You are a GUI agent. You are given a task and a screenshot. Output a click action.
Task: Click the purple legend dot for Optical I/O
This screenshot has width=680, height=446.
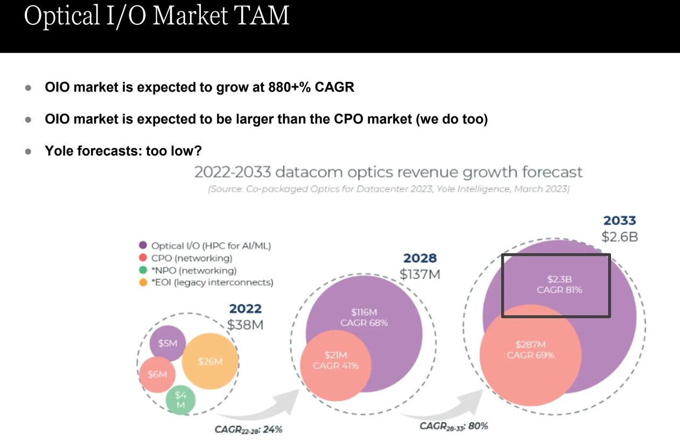[x=143, y=246]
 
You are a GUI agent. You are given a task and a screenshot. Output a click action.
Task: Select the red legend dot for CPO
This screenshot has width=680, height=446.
[x=143, y=258]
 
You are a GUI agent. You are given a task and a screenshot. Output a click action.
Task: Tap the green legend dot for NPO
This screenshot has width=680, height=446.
[x=143, y=270]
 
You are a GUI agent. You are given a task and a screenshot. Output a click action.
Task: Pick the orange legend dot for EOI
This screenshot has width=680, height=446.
[x=143, y=282]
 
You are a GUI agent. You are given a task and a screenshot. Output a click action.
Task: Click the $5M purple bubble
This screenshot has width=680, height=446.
[x=167, y=343]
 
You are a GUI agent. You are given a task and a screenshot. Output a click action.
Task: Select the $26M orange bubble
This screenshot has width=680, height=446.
[x=210, y=361]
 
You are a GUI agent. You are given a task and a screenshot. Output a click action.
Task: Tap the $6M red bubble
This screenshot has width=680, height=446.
[x=157, y=374]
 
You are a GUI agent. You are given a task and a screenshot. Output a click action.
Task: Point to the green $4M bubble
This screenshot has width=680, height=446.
[x=180, y=400]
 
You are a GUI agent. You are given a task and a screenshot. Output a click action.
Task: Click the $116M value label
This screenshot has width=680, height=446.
[x=364, y=312]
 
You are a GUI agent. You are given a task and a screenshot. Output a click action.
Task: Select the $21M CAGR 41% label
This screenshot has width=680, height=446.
[x=335, y=360]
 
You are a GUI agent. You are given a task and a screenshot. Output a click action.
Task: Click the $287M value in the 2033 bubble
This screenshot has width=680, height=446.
[x=530, y=344]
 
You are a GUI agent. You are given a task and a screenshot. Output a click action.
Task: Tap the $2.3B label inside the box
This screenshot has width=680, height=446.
[x=559, y=279]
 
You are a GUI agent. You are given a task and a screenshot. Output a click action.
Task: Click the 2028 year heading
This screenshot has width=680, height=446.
[x=419, y=259]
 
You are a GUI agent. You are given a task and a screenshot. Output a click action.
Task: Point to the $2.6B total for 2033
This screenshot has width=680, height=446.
[x=620, y=236]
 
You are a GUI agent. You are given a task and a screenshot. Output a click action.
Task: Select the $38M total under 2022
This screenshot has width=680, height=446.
[x=245, y=325]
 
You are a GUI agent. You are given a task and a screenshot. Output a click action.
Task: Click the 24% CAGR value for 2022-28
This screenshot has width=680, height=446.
[x=272, y=429]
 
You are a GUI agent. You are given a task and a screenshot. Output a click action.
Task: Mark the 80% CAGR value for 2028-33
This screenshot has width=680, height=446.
[x=478, y=426]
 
